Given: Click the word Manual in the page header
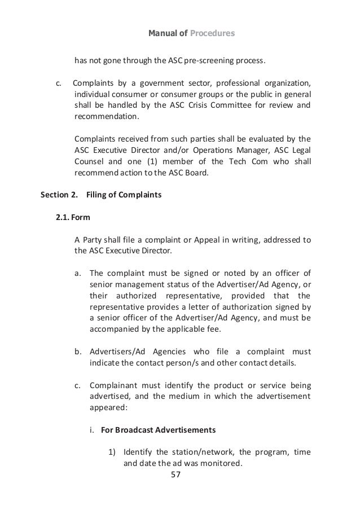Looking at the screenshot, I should pos(161,34).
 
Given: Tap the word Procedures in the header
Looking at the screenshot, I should pos(212,34).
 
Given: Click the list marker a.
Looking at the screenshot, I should pos(78,272).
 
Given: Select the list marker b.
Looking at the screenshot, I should pos(78,352).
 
